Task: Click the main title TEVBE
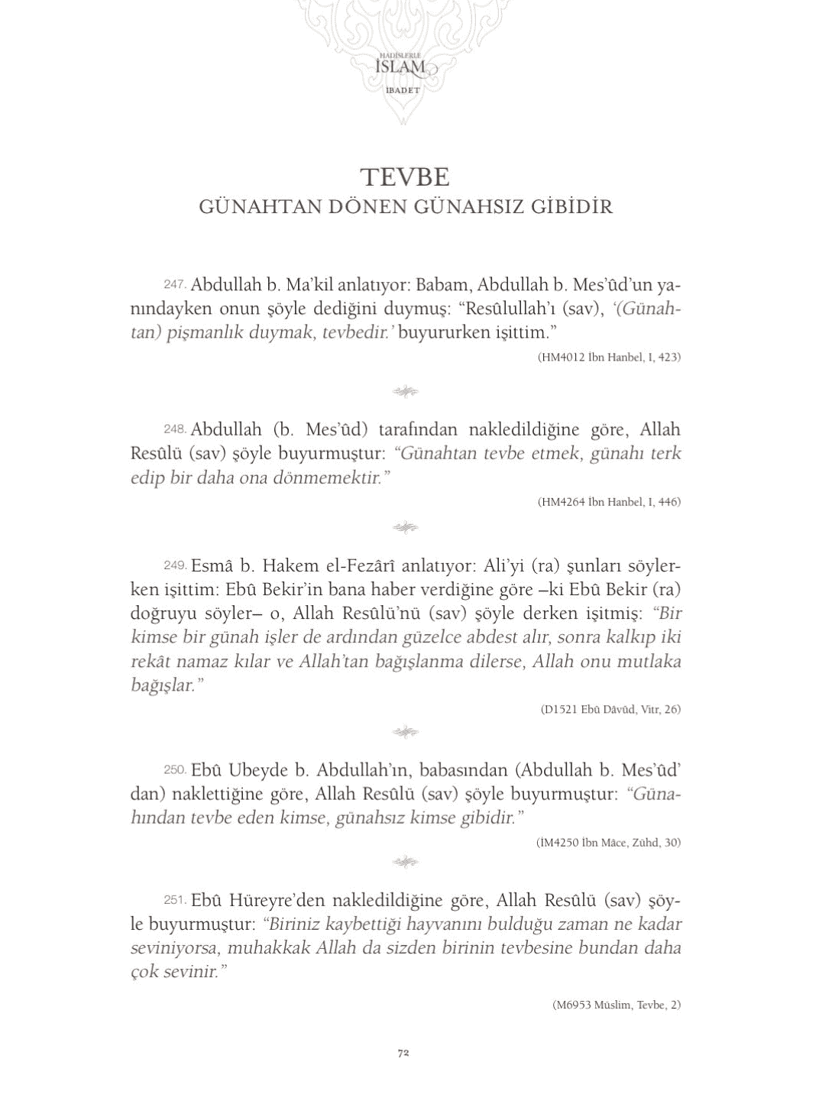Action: point(405,176)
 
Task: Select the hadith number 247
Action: point(175,284)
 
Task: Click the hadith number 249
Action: point(175,565)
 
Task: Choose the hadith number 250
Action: point(175,769)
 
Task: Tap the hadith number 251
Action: point(175,899)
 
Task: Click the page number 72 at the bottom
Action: point(403,1052)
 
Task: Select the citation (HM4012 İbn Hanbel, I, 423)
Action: point(609,357)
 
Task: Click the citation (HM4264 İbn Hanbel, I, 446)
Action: point(609,502)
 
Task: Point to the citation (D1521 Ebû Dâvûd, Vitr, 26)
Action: point(610,709)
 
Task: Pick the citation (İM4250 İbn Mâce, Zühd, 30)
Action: point(609,843)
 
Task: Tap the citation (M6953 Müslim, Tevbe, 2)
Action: point(616,1005)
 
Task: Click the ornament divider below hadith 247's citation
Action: point(405,392)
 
